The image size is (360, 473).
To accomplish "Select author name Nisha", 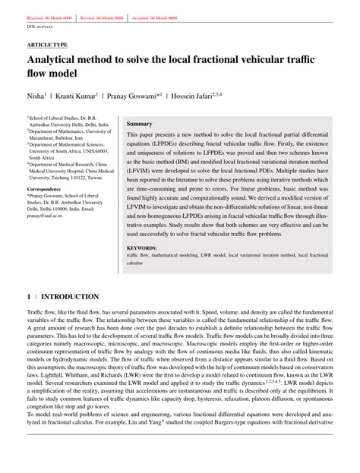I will pyautogui.click(x=36, y=98).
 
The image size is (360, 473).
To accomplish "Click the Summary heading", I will pyautogui.click(x=139, y=123).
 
